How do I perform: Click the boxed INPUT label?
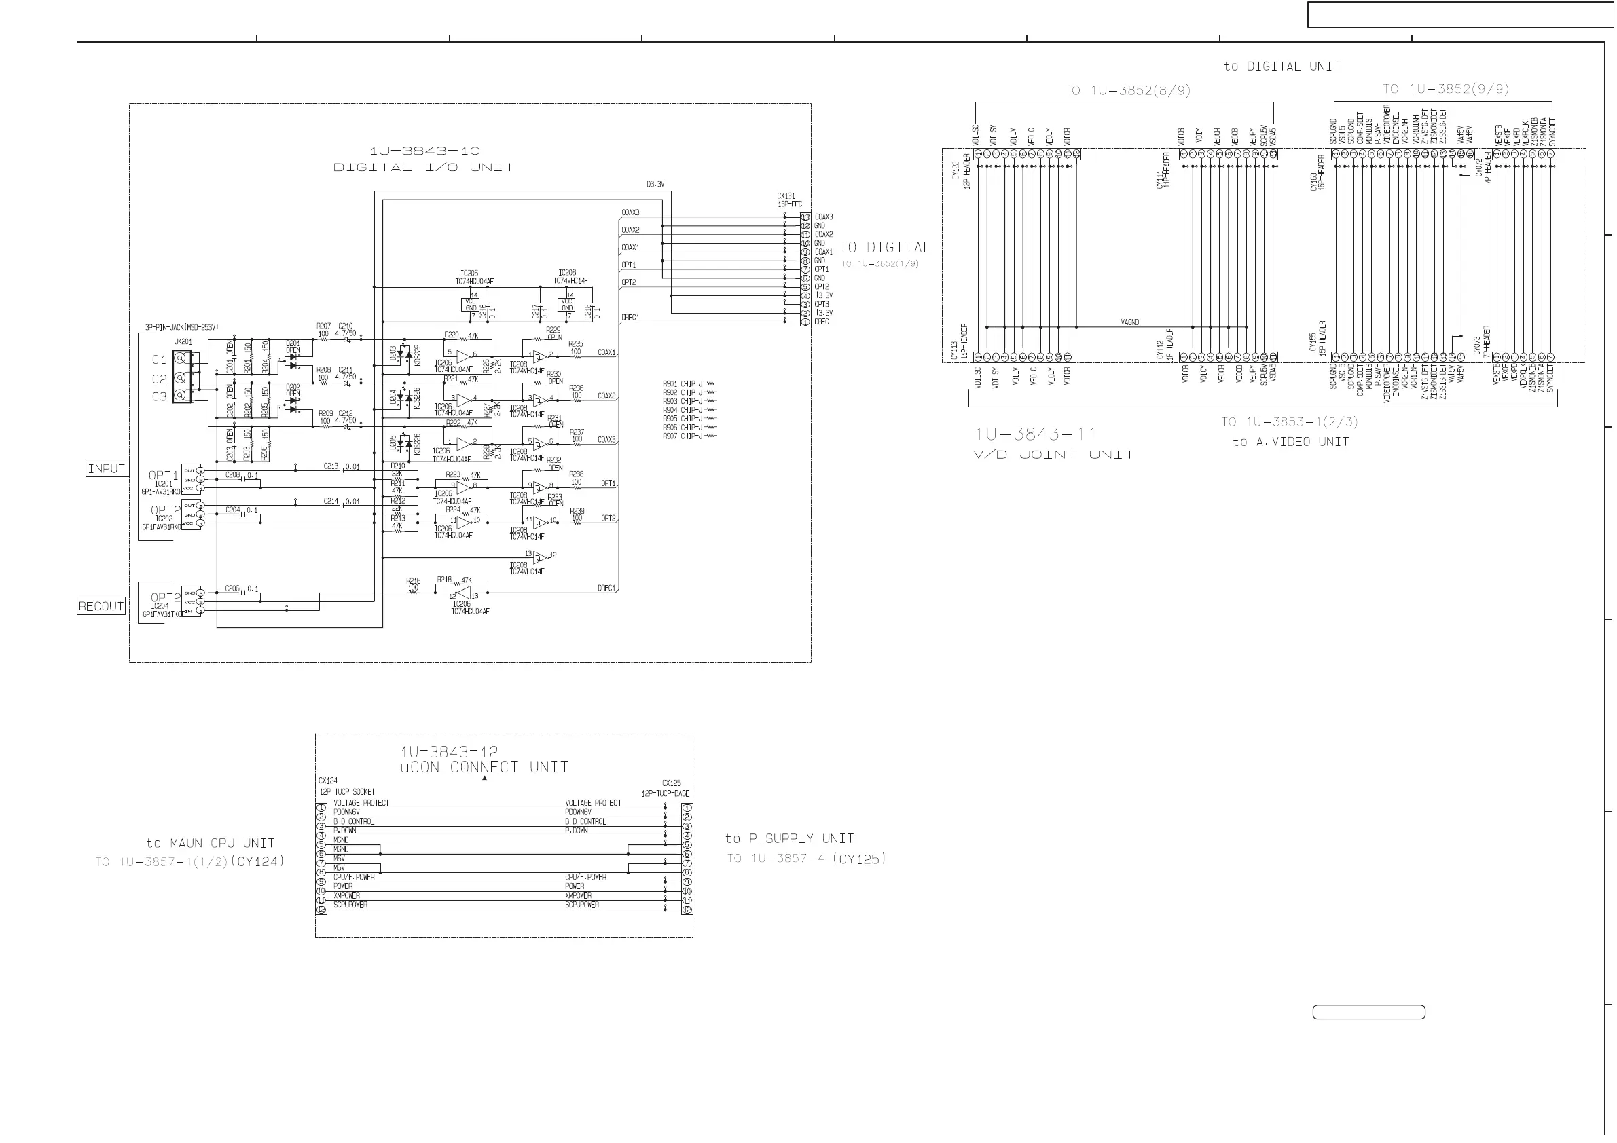[107, 468]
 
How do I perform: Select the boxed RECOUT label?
[101, 606]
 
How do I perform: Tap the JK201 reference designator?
[183, 342]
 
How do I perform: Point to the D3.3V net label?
[655, 185]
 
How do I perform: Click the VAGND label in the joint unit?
[1129, 322]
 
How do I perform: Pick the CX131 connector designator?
[786, 196]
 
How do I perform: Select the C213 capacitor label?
[331, 466]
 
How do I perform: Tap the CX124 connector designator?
[327, 781]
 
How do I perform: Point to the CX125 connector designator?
[671, 783]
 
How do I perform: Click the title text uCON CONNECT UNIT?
[484, 767]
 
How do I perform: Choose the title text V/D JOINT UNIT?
[1053, 455]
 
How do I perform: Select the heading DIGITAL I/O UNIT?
[423, 168]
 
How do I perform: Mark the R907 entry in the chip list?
[670, 436]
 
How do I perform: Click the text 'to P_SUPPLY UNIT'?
[790, 838]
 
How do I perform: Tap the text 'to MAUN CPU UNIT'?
[210, 843]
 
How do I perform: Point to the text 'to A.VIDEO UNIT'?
[1290, 442]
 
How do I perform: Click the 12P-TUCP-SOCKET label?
[347, 792]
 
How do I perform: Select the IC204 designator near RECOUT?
[160, 606]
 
